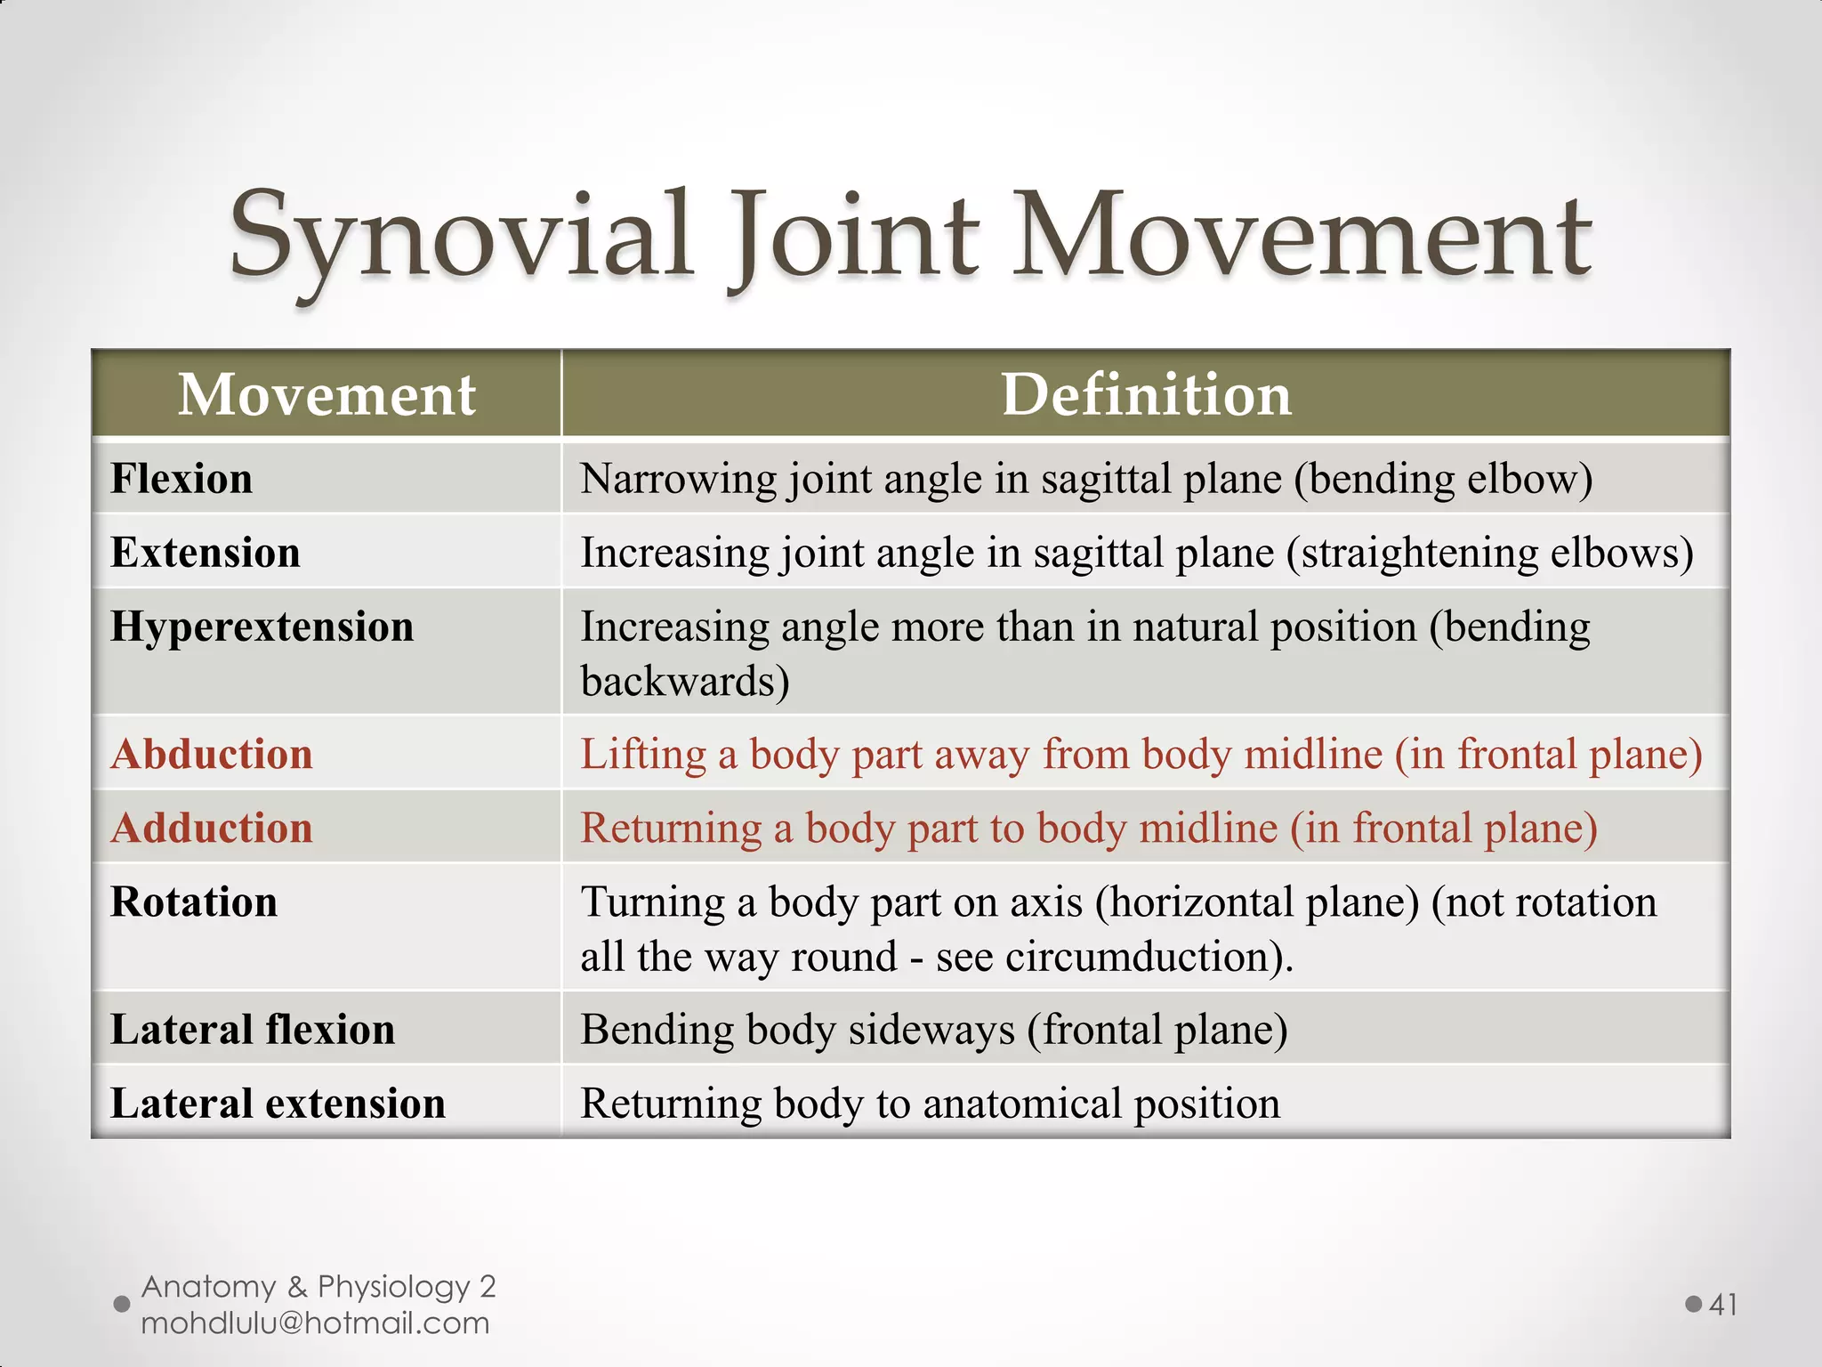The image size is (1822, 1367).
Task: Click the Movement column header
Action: [x=327, y=394]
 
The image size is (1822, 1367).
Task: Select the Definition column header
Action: [x=1146, y=394]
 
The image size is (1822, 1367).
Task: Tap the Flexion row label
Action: [x=181, y=479]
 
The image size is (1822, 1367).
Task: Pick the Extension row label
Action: [x=206, y=553]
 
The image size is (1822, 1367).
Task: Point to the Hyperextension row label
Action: [x=262, y=627]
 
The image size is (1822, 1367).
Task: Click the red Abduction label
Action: [x=212, y=754]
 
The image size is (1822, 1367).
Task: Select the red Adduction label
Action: [x=212, y=828]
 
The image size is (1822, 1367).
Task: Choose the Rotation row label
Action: [x=194, y=902]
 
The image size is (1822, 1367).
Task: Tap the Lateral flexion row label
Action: [x=253, y=1030]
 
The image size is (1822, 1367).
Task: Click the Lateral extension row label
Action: [x=278, y=1104]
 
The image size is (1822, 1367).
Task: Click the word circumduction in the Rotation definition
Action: [x=1141, y=957]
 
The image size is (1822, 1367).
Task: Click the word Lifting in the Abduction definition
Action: [x=642, y=755]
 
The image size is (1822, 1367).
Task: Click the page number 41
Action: [x=1723, y=1305]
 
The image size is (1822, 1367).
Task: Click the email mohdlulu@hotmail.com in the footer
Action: [x=315, y=1323]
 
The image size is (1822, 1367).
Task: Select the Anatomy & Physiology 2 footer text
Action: [x=318, y=1286]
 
